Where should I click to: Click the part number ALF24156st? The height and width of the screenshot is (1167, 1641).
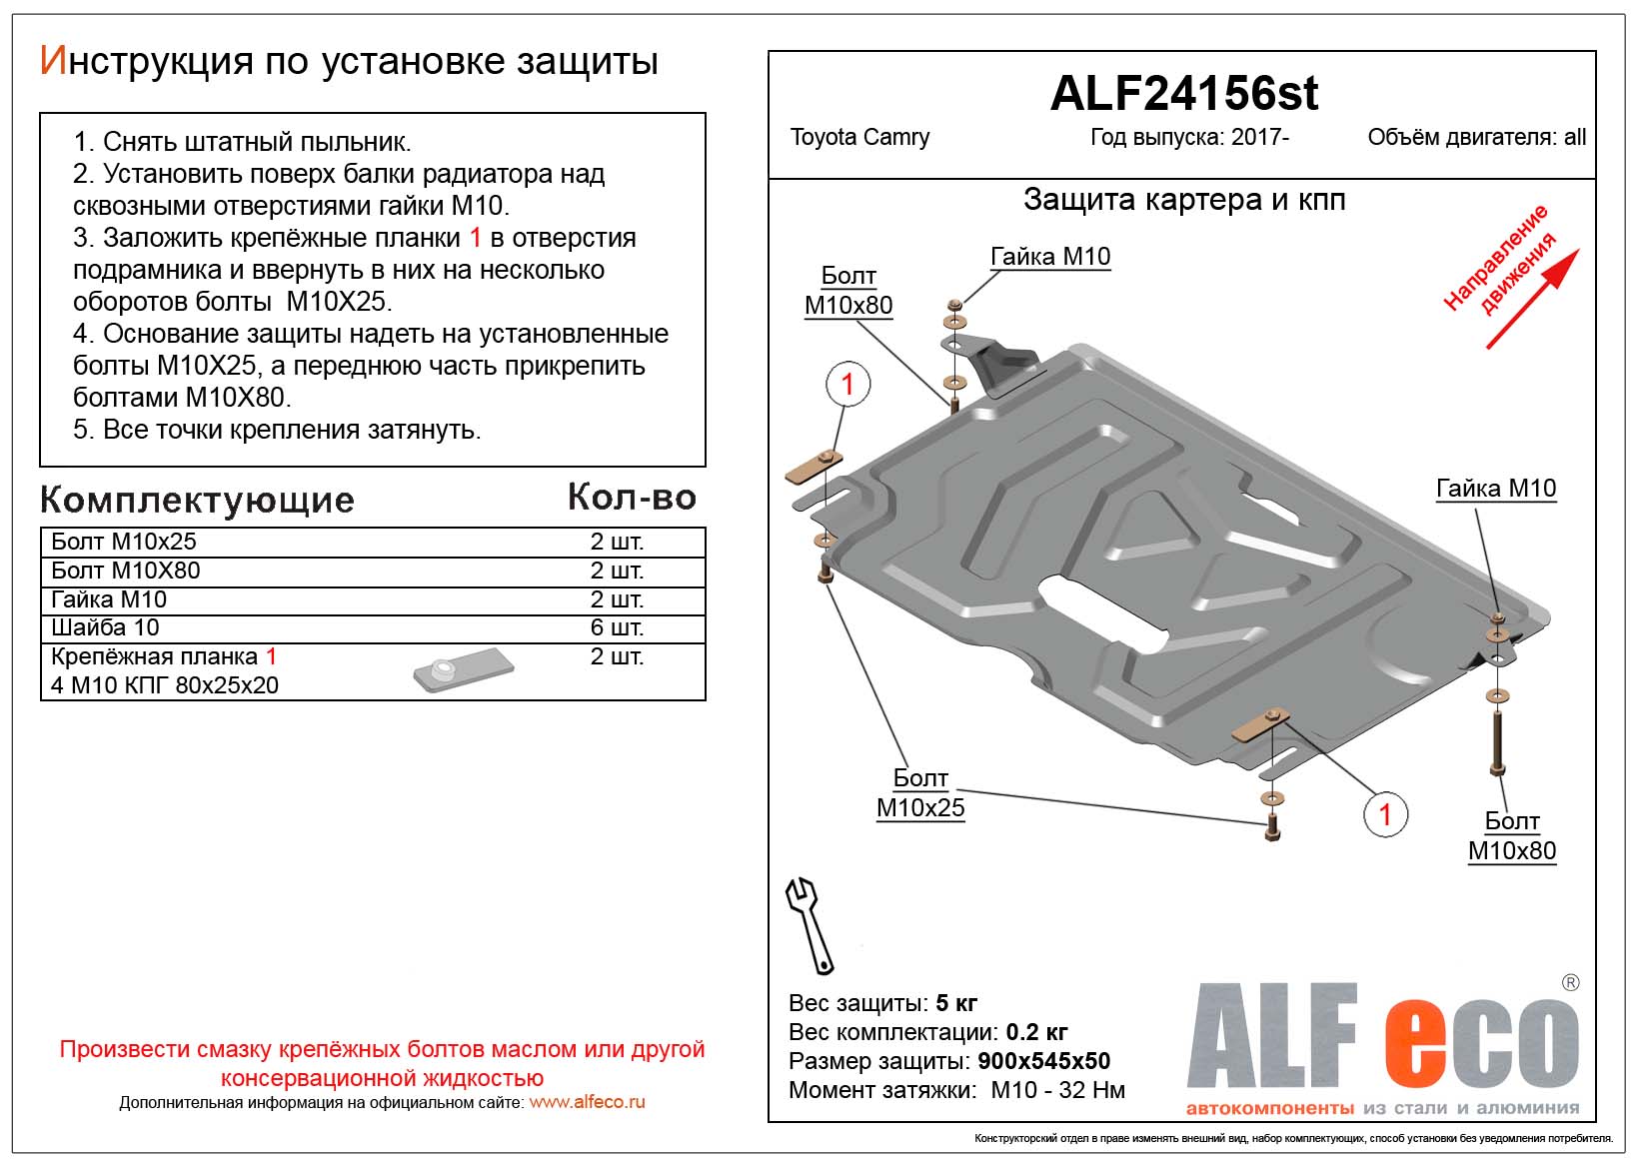[1183, 94]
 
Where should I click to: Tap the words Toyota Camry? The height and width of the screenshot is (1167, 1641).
[859, 138]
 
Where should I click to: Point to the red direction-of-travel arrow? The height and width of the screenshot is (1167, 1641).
[1532, 299]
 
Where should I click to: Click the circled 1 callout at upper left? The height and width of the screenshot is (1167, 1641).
[847, 385]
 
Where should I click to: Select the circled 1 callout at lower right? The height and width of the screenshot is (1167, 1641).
[1385, 814]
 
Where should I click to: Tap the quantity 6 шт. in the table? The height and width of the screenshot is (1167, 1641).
[617, 627]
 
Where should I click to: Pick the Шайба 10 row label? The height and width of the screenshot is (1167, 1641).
[105, 627]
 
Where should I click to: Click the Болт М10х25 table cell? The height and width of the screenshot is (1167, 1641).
[124, 542]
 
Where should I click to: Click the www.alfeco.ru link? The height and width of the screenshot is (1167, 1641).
[587, 1103]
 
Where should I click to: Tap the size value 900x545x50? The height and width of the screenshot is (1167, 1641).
[1043, 1061]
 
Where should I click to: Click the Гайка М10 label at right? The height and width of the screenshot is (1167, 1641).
[1495, 489]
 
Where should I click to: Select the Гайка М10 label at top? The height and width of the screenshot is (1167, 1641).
[1049, 257]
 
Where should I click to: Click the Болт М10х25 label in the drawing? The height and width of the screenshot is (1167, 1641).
[920, 793]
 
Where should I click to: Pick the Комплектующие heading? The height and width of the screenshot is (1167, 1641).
[197, 500]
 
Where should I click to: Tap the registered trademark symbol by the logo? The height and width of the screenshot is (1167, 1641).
[1570, 983]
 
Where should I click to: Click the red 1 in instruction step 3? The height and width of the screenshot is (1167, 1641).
[476, 238]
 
